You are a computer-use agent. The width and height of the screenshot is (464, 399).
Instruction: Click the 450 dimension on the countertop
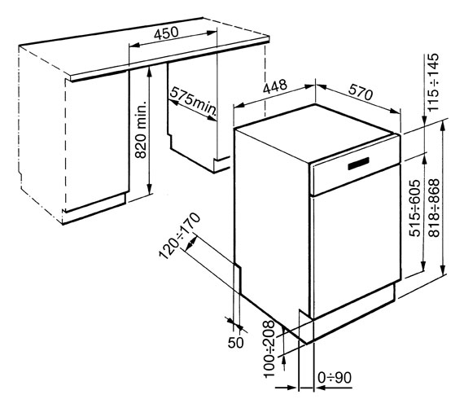(166, 33)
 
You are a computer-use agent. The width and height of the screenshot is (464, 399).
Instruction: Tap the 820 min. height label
(141, 129)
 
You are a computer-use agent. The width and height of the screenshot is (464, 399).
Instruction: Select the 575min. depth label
(194, 101)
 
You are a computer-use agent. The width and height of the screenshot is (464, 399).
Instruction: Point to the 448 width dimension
(275, 86)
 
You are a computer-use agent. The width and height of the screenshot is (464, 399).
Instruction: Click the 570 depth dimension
(360, 92)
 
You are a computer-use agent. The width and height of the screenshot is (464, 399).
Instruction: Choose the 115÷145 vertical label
(433, 82)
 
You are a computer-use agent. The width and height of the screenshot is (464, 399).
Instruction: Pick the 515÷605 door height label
(415, 208)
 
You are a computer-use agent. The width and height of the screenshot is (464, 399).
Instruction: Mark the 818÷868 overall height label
(434, 208)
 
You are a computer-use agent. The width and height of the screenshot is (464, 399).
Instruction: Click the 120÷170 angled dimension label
(180, 235)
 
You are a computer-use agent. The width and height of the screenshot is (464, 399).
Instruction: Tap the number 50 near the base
(236, 343)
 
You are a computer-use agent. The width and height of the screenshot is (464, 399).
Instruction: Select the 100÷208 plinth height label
(269, 349)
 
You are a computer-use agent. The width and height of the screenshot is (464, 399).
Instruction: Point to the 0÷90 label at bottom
(335, 378)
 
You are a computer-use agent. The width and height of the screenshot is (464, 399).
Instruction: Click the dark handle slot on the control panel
(358, 164)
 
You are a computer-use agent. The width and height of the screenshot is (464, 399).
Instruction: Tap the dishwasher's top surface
(316, 133)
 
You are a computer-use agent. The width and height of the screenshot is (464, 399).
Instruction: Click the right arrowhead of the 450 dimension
(212, 33)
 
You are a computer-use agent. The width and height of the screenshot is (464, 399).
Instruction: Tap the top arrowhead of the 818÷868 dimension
(442, 125)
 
